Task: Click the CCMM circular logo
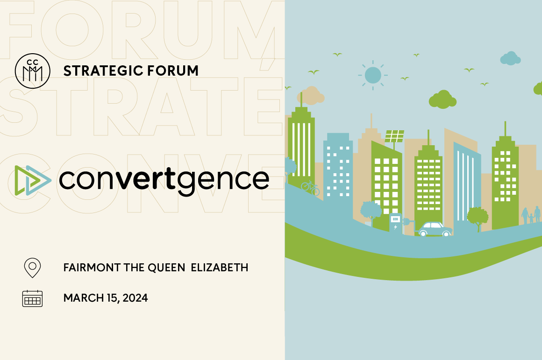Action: [x=32, y=71]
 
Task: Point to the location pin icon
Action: [x=32, y=268]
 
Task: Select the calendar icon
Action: [x=32, y=298]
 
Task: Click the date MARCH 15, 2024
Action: [x=106, y=298]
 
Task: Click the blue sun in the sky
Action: [x=372, y=75]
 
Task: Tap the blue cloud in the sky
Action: [x=510, y=59]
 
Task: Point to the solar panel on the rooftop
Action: [x=394, y=136]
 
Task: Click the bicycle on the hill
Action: [x=310, y=188]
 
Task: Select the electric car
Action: [x=435, y=229]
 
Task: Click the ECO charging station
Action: [x=395, y=224]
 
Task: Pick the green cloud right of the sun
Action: [x=442, y=99]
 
